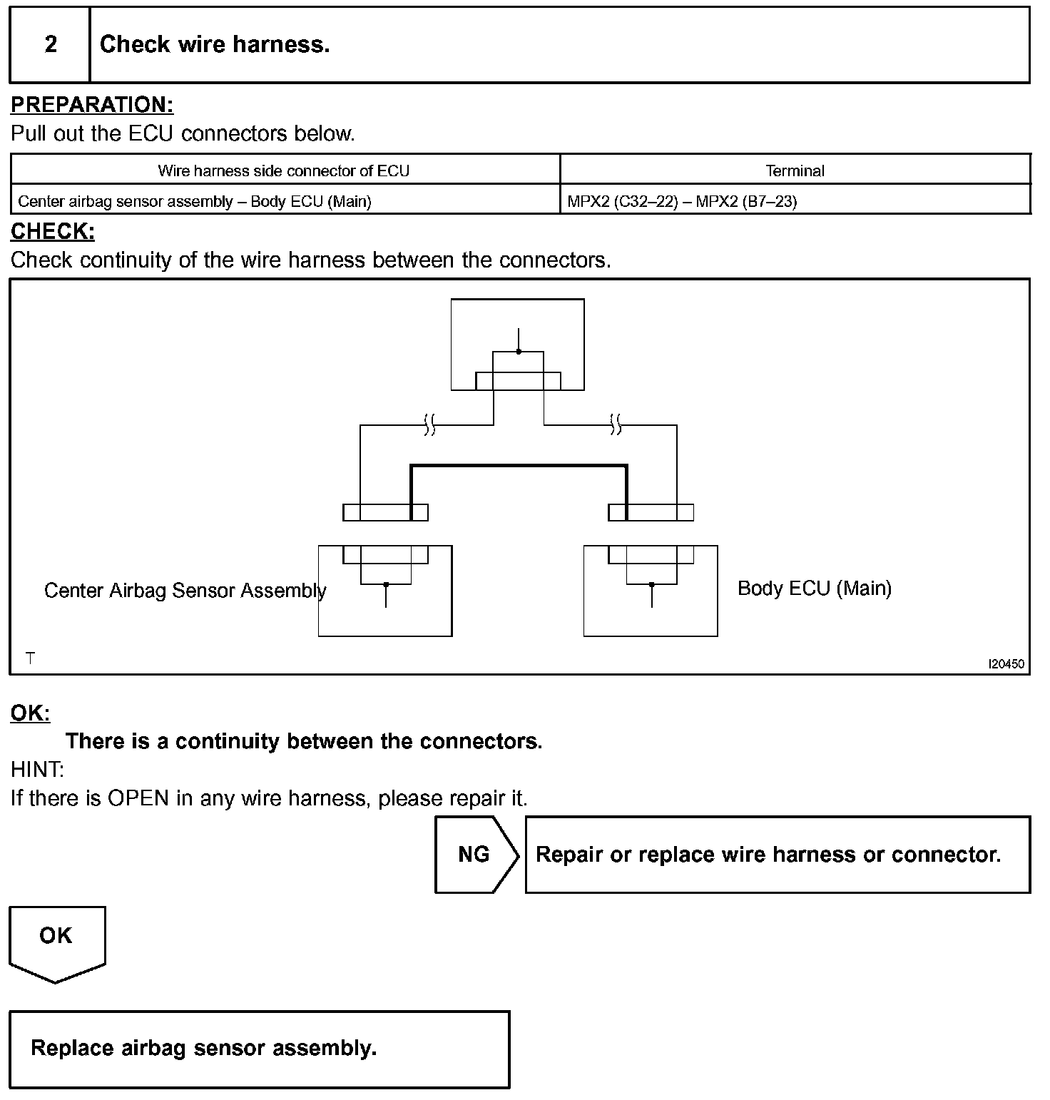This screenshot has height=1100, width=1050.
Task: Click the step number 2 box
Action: [50, 45]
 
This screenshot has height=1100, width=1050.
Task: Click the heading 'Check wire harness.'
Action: [215, 45]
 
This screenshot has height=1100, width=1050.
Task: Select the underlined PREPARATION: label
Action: [92, 105]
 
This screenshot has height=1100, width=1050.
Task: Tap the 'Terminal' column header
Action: [795, 170]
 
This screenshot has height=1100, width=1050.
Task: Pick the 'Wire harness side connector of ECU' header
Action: [284, 170]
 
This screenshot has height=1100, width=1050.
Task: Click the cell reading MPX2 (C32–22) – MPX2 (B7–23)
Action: [682, 201]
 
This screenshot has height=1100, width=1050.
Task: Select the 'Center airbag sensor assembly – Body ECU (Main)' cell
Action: [195, 201]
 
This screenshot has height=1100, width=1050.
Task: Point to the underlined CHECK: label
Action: [53, 232]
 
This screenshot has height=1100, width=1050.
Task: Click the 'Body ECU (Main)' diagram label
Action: [814, 589]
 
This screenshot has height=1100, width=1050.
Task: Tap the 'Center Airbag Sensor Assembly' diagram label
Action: [185, 591]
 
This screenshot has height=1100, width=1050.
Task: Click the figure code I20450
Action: [1006, 664]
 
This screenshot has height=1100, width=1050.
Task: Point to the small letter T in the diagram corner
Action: [30, 658]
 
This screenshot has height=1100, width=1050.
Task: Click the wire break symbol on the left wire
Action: [429, 425]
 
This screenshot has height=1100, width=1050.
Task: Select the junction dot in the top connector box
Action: [519, 352]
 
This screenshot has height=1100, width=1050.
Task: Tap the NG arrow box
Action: [476, 855]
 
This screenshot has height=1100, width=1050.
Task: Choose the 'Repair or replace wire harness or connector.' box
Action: [778, 855]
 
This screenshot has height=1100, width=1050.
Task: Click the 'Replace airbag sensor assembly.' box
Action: [260, 1049]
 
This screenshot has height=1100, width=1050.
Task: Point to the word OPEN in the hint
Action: [138, 798]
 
